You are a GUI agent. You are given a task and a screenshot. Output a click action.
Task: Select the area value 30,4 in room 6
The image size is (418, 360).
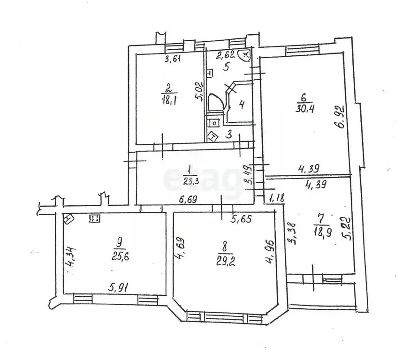click(x=304, y=109)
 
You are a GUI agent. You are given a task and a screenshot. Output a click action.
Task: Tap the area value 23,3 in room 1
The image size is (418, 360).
click(x=190, y=181)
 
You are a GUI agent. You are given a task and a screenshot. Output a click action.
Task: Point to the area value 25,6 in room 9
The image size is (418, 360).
click(x=120, y=257)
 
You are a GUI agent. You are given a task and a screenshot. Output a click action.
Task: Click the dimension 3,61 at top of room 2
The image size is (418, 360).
click(x=173, y=59)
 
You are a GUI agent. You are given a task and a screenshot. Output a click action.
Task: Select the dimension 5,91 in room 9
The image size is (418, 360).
click(x=119, y=287)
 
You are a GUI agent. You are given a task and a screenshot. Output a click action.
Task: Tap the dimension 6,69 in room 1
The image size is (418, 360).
click(x=188, y=199)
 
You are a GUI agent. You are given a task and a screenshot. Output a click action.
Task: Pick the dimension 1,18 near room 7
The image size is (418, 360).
click(x=277, y=198)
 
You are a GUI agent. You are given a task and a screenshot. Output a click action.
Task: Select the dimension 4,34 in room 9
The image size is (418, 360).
click(x=71, y=257)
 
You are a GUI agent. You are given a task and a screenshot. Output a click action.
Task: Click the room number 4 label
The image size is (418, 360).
click(x=242, y=105)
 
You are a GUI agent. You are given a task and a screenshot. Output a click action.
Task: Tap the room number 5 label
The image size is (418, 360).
click(x=226, y=67)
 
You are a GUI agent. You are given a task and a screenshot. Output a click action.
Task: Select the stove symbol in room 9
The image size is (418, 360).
click(x=95, y=219)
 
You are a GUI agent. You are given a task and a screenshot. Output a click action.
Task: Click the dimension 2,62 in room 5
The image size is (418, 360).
click(x=226, y=55)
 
